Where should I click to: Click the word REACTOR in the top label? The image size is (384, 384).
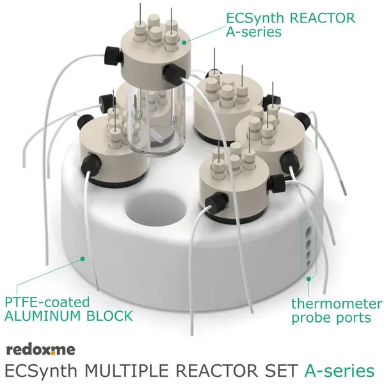pyautogui.click(x=323, y=18)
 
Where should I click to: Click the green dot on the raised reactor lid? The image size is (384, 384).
pyautogui.click(x=184, y=42)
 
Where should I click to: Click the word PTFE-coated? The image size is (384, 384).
pyautogui.click(x=47, y=302)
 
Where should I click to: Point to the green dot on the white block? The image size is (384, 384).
pyautogui.click(x=83, y=259)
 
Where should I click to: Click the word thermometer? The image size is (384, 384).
pyautogui.click(x=337, y=303)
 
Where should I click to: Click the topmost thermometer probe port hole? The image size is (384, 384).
pyautogui.click(x=309, y=230)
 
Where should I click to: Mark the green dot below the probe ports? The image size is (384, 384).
pyautogui.click(x=308, y=278)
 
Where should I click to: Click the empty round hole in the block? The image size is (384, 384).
pyautogui.click(x=156, y=209)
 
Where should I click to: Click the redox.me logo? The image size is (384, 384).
pyautogui.click(x=41, y=349)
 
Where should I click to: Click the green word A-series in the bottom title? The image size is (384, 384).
pyautogui.click(x=339, y=371)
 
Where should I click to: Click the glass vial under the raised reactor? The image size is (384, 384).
pyautogui.click(x=156, y=120)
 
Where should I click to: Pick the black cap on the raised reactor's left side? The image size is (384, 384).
pyautogui.click(x=113, y=56)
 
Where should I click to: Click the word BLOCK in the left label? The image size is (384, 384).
pyautogui.click(x=109, y=316)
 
